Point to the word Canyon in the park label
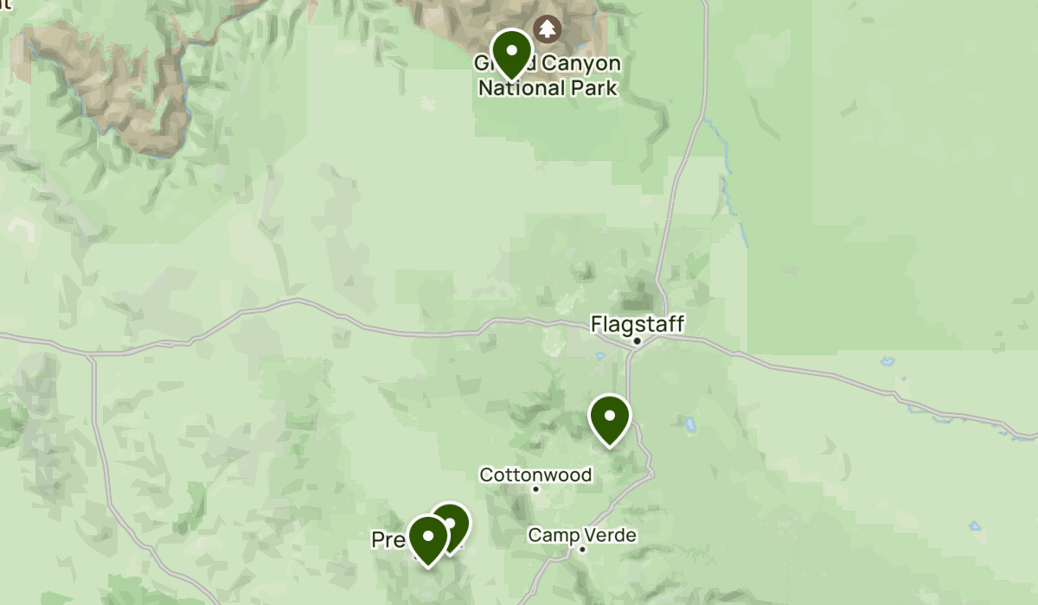pos(580,65)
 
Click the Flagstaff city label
pos(638,324)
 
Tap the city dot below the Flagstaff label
pos(637,341)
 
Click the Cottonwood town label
pos(535,474)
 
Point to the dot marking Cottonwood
pos(535,489)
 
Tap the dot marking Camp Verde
pos(582,549)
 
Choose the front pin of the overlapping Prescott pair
pos(427,537)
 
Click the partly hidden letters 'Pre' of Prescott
pos(388,540)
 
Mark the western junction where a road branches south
pos(90,355)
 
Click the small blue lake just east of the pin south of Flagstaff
pos(690,425)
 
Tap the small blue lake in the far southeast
pos(975,525)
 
